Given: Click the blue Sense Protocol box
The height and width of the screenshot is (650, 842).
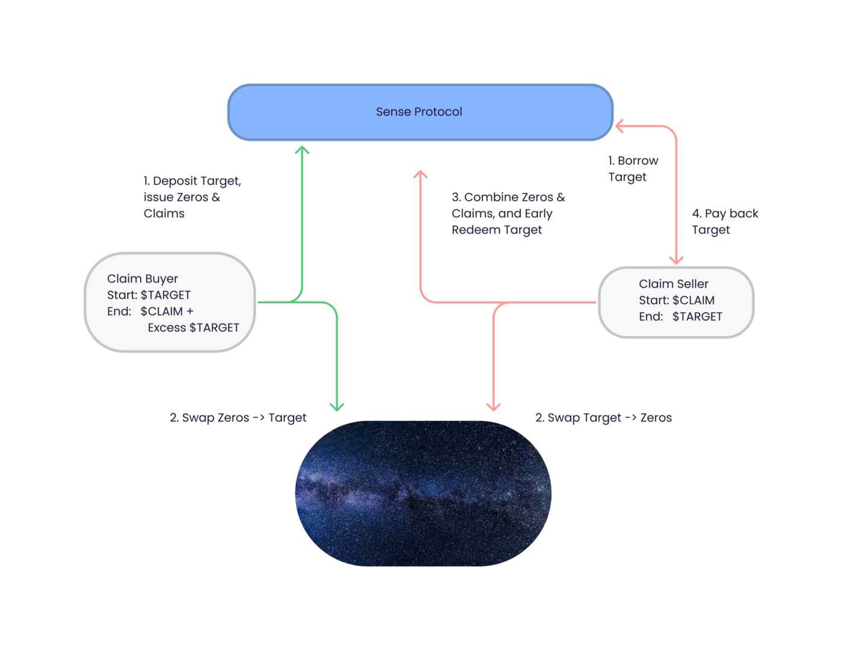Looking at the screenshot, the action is (420, 112).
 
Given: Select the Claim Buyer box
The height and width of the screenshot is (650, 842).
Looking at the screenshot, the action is (170, 302).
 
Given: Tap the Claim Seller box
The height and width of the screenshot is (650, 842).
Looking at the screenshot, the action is (676, 302).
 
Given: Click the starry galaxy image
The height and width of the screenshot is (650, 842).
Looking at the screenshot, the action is (423, 494).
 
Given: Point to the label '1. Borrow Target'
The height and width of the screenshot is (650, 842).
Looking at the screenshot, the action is (633, 168).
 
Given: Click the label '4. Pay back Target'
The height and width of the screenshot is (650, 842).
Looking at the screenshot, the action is (725, 221).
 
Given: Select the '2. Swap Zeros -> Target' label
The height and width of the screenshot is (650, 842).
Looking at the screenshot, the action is (238, 417).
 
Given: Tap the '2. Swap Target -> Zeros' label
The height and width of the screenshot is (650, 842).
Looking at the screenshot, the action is (603, 417).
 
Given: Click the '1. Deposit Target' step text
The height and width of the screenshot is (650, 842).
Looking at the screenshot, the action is (192, 181).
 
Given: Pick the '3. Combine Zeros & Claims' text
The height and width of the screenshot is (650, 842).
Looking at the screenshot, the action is (508, 205).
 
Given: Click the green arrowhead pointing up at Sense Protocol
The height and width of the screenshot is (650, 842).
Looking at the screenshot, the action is (302, 150).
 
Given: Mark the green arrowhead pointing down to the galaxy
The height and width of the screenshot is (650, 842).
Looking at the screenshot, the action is (337, 406).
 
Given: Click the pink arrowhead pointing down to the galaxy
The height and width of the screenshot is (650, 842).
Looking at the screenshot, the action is (493, 406).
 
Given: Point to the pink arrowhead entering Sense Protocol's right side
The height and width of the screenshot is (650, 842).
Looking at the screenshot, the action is (619, 126).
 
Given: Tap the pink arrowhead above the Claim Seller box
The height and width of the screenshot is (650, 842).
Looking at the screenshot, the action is (676, 260).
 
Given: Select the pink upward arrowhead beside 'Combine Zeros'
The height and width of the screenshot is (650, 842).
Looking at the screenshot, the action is (420, 174).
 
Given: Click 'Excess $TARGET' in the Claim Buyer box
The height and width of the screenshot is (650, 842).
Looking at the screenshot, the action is (193, 328).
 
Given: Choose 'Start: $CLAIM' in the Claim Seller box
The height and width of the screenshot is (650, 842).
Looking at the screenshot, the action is (677, 300).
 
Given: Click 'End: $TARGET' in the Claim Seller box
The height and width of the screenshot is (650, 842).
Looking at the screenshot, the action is (680, 316).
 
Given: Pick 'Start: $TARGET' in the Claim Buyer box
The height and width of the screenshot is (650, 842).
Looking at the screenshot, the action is (149, 295).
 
